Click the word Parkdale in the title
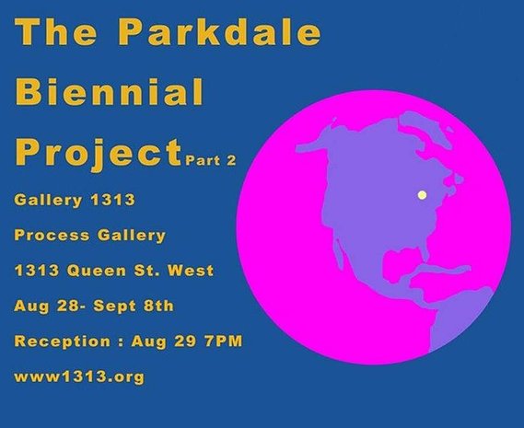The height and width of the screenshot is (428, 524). pyautogui.click(x=219, y=31)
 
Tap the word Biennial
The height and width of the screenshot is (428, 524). pyautogui.click(x=110, y=91)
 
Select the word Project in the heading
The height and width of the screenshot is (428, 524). pyautogui.click(x=99, y=153)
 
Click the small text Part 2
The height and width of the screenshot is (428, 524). pyautogui.click(x=211, y=160)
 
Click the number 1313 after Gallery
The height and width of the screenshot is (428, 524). pyautogui.click(x=113, y=200)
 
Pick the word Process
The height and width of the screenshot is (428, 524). pyautogui.click(x=52, y=236)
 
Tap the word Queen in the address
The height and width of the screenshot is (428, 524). pyautogui.click(x=97, y=271)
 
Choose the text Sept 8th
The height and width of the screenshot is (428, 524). pyautogui.click(x=134, y=307)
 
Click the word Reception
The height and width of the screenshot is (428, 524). pyautogui.click(x=63, y=341)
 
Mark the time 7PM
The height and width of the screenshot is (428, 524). pyautogui.click(x=224, y=341)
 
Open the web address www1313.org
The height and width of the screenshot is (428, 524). pyautogui.click(x=79, y=376)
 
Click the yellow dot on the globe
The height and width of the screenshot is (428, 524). pyautogui.click(x=423, y=195)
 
